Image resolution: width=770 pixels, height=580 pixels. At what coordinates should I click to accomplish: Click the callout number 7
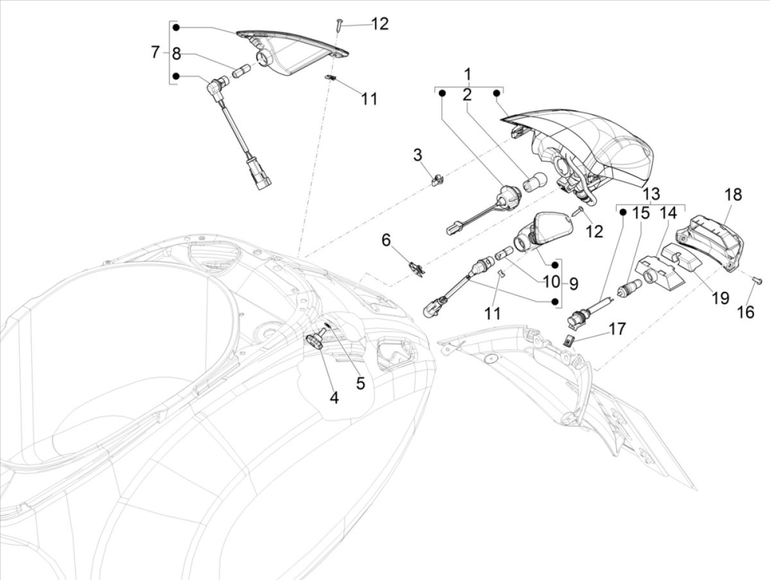tap(155, 52)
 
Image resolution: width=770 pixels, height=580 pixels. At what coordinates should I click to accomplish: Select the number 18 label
tap(733, 195)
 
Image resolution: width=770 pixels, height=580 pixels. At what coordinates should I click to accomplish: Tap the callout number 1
tap(468, 72)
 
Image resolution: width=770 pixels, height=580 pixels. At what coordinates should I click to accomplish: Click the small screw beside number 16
tap(757, 280)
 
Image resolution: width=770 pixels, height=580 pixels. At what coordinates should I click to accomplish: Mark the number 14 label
tap(668, 213)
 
